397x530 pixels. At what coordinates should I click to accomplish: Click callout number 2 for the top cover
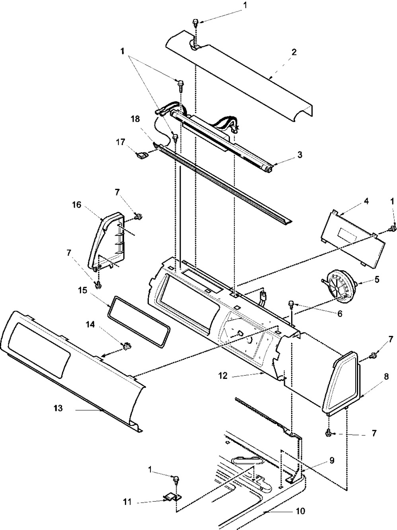coord(294,52)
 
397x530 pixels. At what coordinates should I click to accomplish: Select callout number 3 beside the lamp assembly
coord(300,155)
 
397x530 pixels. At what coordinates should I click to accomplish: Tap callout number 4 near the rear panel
coord(366,201)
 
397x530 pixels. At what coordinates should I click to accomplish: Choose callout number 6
coord(340,313)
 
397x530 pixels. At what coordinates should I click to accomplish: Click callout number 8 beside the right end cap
coord(386,377)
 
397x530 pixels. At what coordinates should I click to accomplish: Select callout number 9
coord(332,461)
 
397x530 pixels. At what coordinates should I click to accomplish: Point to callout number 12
coord(223,376)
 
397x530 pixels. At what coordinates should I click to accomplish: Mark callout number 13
coord(58,408)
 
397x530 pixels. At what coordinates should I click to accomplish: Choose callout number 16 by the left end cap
coord(76,205)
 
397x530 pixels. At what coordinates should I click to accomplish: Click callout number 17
coord(121,142)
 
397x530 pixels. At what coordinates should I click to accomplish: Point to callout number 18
coord(136,119)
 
